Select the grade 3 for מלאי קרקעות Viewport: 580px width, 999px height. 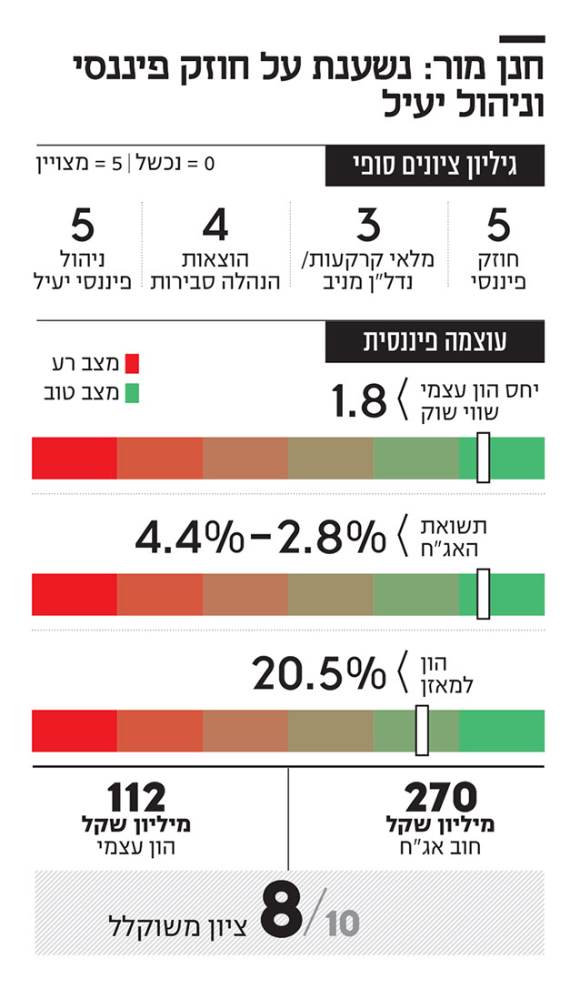pos(366,224)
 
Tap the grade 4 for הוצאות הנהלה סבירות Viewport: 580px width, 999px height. pos(215,224)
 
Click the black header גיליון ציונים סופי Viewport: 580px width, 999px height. pos(435,166)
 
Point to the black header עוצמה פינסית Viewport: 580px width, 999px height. pos(435,342)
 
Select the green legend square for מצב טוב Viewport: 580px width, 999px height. pos(131,394)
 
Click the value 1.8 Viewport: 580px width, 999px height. pos(359,401)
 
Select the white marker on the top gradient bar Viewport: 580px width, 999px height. pos(483,458)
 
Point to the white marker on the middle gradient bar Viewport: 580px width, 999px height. pos(483,593)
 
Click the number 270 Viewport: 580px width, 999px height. pos(441,798)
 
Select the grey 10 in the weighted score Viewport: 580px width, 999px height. pos(342,924)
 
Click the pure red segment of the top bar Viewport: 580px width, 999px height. pos(75,458)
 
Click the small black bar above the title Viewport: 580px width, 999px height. pos(523,39)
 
